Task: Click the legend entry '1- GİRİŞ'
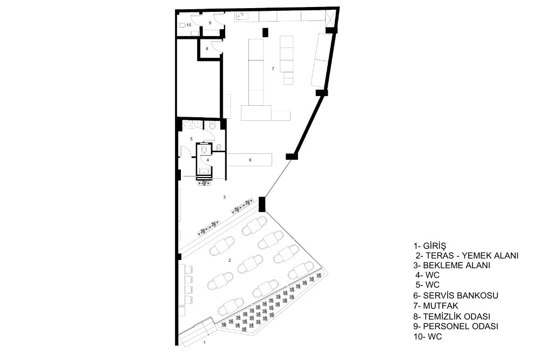click(x=429, y=246)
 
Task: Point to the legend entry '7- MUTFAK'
click(x=436, y=305)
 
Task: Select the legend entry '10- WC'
click(x=428, y=337)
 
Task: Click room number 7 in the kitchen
click(x=273, y=69)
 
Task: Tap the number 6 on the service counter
click(x=251, y=160)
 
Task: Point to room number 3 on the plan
click(x=225, y=197)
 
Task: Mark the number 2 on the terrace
click(x=230, y=260)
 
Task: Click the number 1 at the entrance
click(x=205, y=342)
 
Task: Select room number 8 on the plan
click(x=207, y=49)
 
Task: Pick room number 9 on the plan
click(x=210, y=23)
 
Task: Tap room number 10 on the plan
click(x=188, y=25)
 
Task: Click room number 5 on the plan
click(x=192, y=139)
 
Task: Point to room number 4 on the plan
click(x=208, y=160)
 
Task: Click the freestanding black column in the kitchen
click(x=265, y=32)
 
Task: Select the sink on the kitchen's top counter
click(x=240, y=15)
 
